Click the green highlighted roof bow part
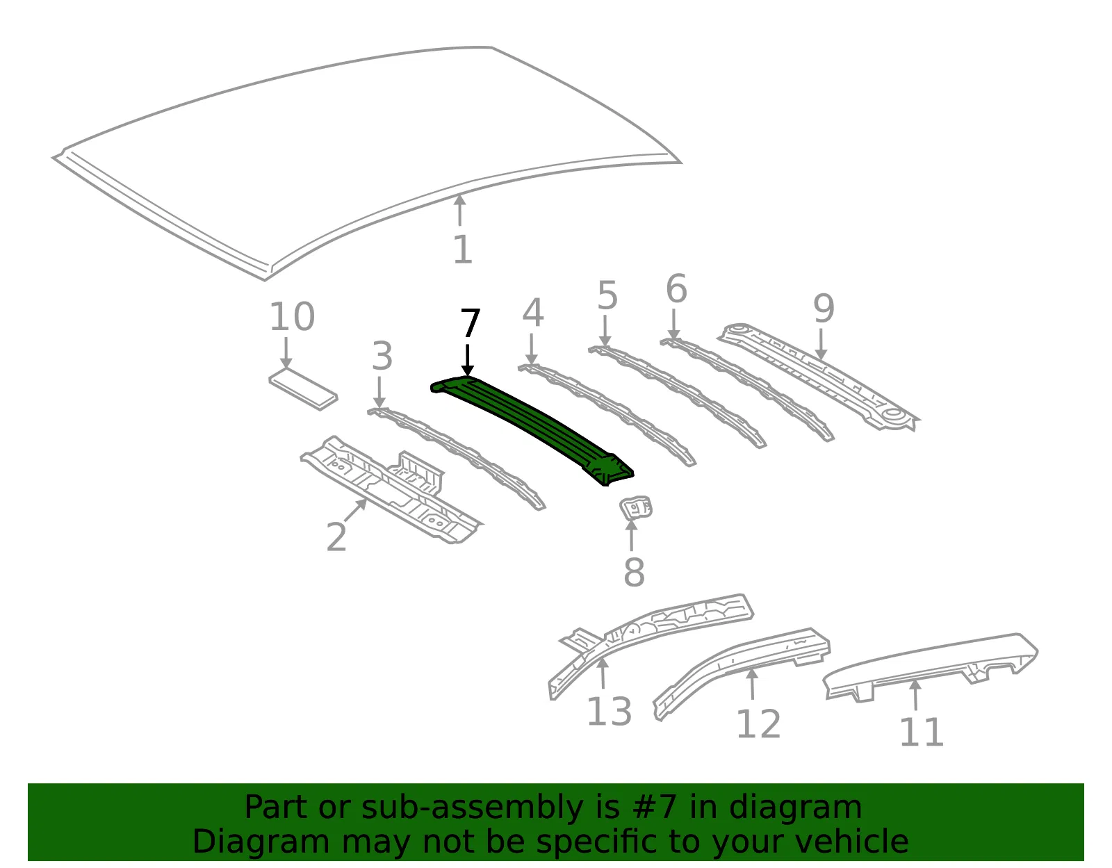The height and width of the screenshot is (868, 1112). point(532,429)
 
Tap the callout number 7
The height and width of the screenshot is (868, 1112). point(471,323)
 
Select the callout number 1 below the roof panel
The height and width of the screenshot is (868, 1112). point(463,249)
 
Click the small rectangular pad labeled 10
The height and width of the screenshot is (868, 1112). point(303,389)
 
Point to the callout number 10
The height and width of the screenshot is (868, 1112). point(292,317)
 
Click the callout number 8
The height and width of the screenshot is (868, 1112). point(634,573)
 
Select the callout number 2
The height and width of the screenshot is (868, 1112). point(336,537)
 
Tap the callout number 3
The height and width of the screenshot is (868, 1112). point(382,356)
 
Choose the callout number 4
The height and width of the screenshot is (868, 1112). point(532,313)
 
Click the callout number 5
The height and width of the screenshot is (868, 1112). point(607,295)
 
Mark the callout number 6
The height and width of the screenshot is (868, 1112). point(676,288)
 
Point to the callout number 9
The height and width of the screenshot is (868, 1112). point(824,309)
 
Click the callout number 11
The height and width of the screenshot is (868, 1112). point(921,732)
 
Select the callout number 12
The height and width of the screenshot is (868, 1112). point(758,724)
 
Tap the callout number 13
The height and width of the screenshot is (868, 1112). point(610,712)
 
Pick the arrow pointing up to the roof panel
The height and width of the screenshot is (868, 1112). point(460,210)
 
